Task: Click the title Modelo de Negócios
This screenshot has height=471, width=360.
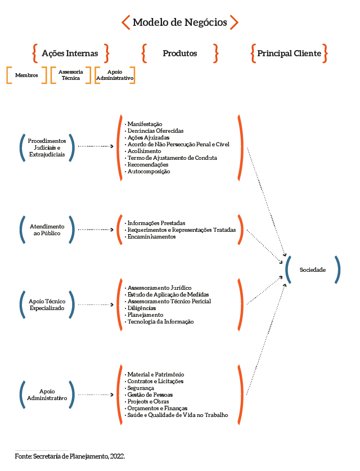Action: (179, 23)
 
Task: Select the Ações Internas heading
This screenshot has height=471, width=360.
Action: (70, 53)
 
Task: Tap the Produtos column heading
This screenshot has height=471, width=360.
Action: (179, 53)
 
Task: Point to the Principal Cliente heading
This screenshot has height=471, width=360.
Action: (289, 53)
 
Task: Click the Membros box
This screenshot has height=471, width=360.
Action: (26, 75)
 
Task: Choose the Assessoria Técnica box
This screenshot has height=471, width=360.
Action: (71, 75)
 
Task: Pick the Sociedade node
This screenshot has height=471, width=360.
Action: (312, 270)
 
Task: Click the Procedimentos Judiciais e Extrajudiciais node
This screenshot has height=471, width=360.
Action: (47, 147)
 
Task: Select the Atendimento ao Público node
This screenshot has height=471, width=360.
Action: (47, 230)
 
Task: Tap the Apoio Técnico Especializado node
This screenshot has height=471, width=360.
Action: (47, 305)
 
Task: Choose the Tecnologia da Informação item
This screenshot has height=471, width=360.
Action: (160, 322)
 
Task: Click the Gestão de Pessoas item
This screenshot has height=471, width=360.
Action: (150, 395)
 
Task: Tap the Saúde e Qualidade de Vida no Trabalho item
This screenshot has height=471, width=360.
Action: (177, 415)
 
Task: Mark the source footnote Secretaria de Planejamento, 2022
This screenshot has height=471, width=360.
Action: (70, 456)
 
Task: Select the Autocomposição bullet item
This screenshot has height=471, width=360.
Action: (148, 172)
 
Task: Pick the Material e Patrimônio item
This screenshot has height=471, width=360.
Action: (155, 375)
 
